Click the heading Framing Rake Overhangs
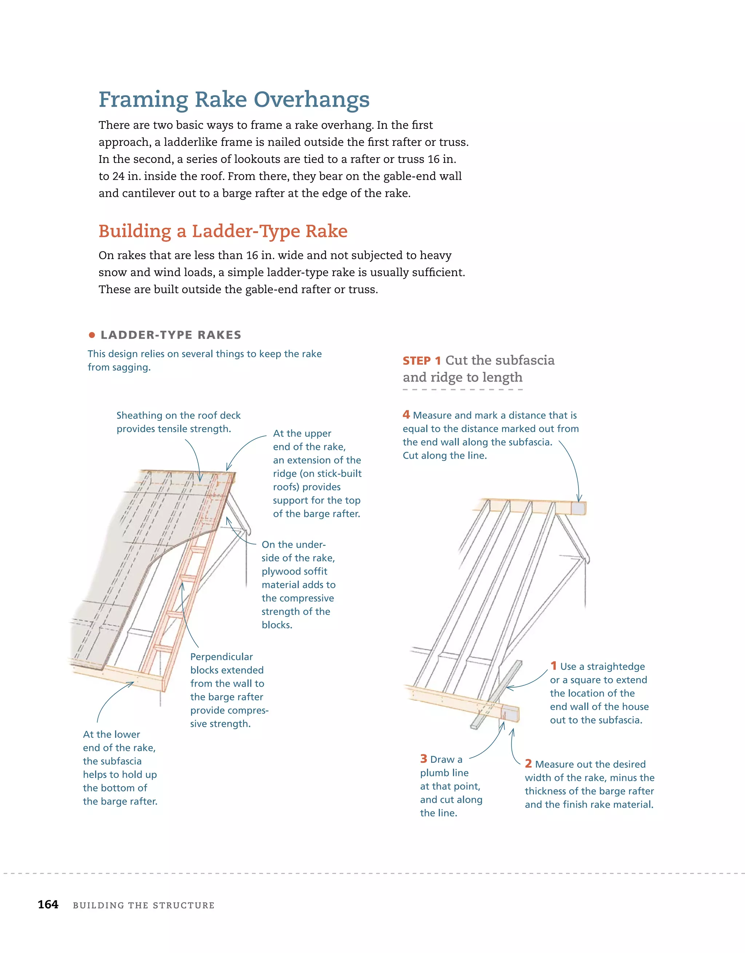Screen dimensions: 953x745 (x=234, y=100)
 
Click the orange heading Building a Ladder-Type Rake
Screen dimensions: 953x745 (x=223, y=231)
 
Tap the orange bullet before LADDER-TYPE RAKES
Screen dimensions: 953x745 (x=92, y=335)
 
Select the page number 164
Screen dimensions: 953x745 (x=48, y=905)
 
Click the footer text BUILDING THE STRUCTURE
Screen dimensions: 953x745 (x=144, y=905)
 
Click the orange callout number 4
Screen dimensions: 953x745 (x=406, y=415)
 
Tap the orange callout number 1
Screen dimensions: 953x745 (x=553, y=666)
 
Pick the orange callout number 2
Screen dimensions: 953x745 (x=528, y=763)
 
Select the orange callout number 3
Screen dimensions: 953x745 (x=423, y=759)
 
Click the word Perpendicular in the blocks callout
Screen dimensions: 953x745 (x=221, y=657)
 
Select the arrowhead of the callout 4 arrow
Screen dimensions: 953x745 (x=579, y=500)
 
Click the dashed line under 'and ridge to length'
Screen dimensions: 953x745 (x=463, y=389)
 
